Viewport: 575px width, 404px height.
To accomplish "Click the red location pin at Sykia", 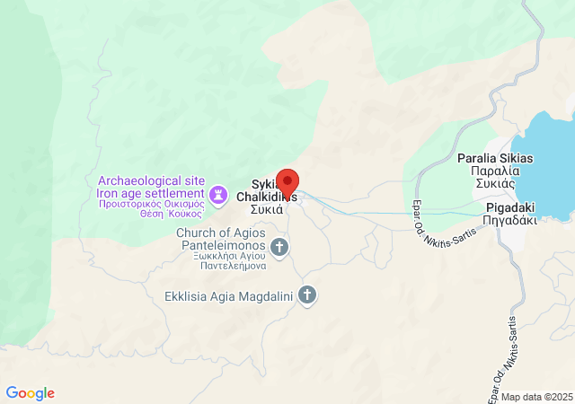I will (287, 180).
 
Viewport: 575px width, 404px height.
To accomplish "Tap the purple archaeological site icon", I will (217, 194).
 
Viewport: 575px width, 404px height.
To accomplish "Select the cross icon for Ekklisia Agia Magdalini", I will (307, 294).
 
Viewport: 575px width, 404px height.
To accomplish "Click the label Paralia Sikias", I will (495, 159).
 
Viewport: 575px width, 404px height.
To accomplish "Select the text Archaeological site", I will (151, 180).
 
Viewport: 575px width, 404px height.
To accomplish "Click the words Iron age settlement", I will (151, 193).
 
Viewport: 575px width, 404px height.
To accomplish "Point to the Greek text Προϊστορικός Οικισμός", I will (151, 204).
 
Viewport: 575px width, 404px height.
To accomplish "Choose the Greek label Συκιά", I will (267, 209).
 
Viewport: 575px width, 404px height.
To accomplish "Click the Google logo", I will (31, 393).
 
